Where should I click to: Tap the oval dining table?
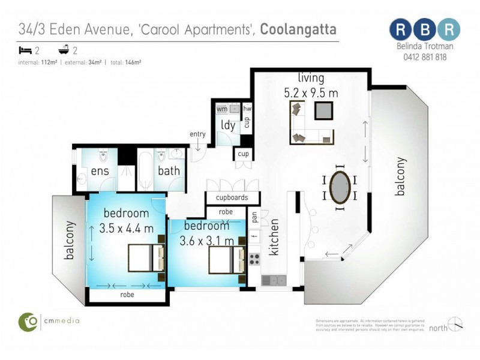[x=340, y=188]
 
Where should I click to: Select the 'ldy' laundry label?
[x=228, y=125]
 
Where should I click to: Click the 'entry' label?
[x=197, y=133]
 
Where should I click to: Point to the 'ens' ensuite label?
[x=99, y=171]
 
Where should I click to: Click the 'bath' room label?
[x=169, y=171]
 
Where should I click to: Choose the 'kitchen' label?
[x=275, y=237]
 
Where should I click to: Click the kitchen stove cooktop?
[x=254, y=259]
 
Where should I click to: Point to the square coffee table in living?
[x=323, y=110]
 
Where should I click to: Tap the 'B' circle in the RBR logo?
[x=425, y=29]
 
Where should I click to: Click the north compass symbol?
[x=455, y=324]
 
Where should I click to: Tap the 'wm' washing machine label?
[x=222, y=109]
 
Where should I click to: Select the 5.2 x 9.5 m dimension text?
[x=311, y=93]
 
